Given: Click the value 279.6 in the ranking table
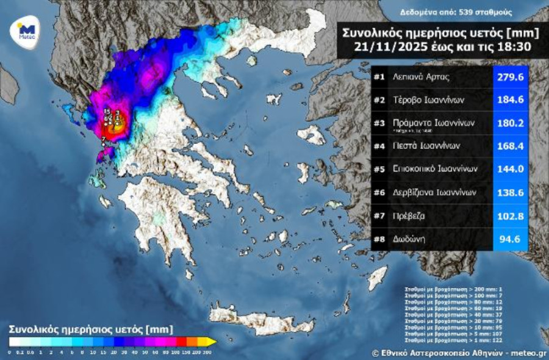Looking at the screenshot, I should point(510,78).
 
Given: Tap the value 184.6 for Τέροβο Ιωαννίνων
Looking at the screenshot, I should point(510,101).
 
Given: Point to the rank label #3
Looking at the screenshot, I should point(379,123).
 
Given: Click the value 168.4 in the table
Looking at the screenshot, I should point(510,146).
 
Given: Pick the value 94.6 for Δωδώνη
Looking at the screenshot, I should point(510,239).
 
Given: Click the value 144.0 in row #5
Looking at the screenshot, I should point(510,169).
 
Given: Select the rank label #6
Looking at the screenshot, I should point(379,192).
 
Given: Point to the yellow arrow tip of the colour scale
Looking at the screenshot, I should point(210,341).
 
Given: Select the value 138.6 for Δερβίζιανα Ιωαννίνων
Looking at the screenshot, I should point(510,192).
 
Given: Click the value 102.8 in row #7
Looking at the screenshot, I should point(510,216).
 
